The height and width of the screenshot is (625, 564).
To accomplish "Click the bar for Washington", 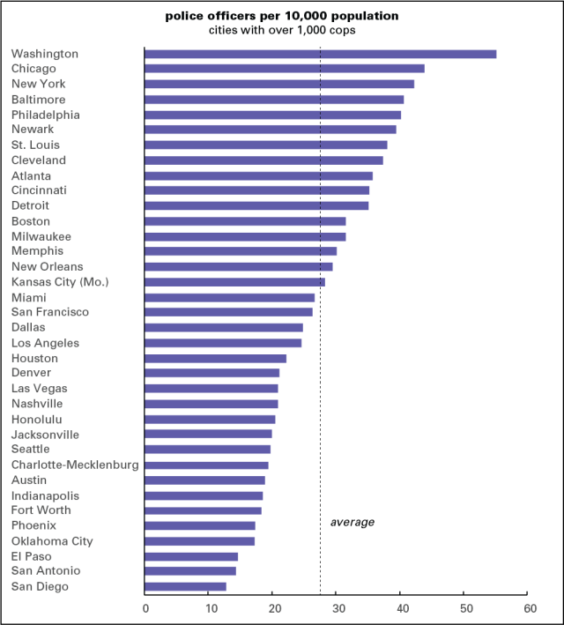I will pos(320,54).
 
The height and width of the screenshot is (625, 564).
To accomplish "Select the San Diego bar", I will pos(185,586).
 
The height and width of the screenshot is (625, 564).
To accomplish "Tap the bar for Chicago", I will pos(284,69).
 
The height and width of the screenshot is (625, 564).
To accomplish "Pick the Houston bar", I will pos(215,358).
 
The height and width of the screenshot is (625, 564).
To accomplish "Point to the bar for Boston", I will pos(245,221).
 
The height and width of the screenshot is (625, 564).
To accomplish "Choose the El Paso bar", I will pos(191,556).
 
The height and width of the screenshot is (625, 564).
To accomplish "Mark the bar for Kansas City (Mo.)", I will pos(234,282).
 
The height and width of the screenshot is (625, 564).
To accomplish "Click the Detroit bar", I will pos(256,205).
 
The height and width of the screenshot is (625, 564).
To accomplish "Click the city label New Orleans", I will pos(48,266).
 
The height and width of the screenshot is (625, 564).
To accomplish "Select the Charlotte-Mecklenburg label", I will pos(75,465).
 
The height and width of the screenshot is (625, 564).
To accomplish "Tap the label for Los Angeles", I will pos(45,343).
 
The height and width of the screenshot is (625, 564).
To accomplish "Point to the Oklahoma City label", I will pos(52,541).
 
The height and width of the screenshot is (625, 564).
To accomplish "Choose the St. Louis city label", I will pos(35,145).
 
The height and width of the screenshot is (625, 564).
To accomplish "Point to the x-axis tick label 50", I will pos(464,608).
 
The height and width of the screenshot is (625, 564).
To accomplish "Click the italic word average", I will pos(352,522).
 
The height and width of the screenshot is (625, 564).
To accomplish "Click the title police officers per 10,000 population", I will pos(281,16).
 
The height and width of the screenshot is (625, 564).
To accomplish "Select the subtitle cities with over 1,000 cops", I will pos(281,30).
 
